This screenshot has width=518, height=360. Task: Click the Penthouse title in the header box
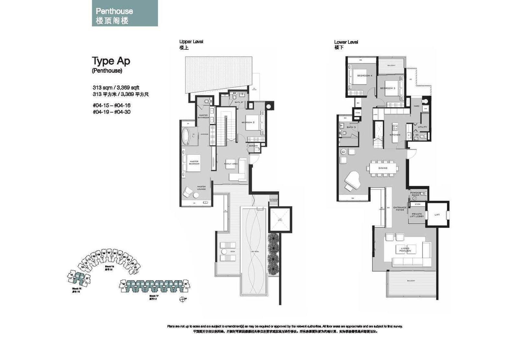click(114, 11)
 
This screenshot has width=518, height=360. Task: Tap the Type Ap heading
click(111, 61)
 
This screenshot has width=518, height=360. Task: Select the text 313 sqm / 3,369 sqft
click(116, 88)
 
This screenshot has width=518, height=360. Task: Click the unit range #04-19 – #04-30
click(111, 112)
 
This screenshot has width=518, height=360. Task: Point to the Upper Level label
click(191, 42)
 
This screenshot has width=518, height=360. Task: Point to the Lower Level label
click(346, 42)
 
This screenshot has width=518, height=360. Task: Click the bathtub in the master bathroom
click(186, 137)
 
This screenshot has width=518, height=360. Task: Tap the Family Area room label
click(231, 164)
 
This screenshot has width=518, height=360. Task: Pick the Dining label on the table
click(383, 168)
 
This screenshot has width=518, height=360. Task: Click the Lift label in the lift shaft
click(437, 215)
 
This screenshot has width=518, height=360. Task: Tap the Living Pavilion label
click(405, 250)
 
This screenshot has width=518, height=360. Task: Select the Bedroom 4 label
click(365, 76)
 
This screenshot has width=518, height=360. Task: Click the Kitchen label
click(395, 135)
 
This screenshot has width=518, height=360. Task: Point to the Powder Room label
click(415, 194)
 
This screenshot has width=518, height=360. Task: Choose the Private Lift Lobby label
click(417, 215)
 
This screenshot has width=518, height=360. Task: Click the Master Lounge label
click(201, 188)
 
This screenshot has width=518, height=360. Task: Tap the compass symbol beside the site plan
click(183, 299)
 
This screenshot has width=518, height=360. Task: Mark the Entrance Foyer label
click(400, 209)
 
